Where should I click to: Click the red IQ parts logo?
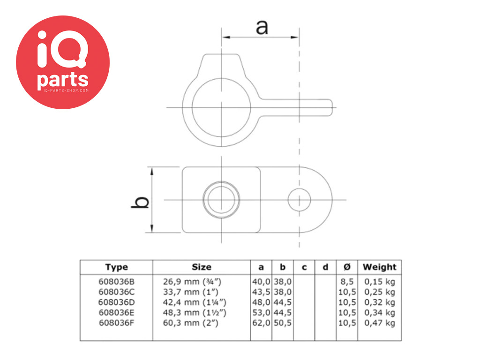click(63, 62)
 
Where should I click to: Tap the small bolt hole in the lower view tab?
click(300, 200)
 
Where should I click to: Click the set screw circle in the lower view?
click(221, 200)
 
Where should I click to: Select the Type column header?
click(116, 267)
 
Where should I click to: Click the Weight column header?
click(379, 267)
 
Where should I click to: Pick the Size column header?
click(202, 267)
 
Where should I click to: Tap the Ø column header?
click(347, 267)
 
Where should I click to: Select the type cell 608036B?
click(116, 282)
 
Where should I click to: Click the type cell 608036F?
click(116, 323)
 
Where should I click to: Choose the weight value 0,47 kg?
click(379, 323)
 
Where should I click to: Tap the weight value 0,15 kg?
click(379, 282)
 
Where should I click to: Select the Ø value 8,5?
click(347, 282)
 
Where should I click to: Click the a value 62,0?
click(262, 323)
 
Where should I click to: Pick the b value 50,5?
click(283, 323)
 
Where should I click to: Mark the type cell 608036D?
click(116, 302)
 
